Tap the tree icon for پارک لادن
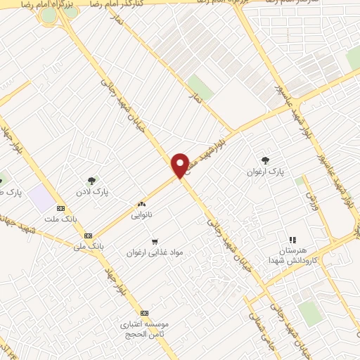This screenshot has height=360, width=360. (91, 181)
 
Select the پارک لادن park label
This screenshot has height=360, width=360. (92, 191)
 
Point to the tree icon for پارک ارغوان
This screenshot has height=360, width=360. (265, 161)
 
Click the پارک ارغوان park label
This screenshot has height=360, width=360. (264, 172)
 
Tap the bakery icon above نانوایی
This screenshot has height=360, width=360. (141, 205)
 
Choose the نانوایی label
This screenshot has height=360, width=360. (141, 215)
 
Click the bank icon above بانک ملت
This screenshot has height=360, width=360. (60, 208)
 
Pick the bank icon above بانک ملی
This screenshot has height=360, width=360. (88, 236)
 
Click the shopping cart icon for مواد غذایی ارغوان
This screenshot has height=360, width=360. (155, 241)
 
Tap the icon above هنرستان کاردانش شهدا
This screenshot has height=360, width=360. (292, 240)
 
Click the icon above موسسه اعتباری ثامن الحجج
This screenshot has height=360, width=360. (145, 313)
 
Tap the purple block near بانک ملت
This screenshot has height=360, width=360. (44, 200)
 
